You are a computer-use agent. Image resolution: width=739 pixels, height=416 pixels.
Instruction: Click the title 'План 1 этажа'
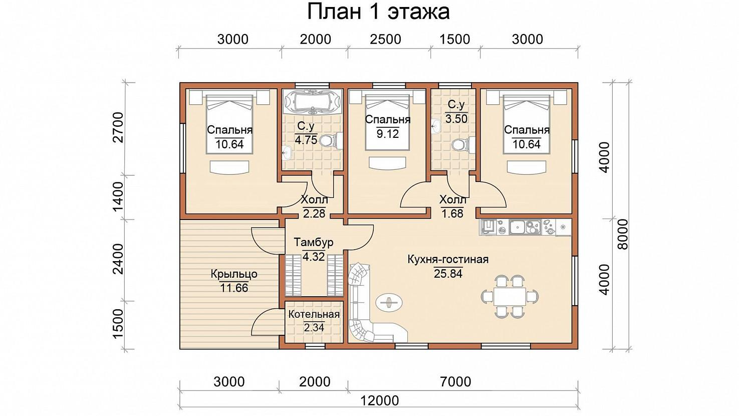click(378, 12)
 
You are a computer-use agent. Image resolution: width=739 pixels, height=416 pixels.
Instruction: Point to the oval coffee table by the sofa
click(389, 302)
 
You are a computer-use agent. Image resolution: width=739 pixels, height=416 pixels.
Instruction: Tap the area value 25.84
click(448, 274)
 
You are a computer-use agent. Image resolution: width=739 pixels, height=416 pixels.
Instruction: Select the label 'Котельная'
click(314, 314)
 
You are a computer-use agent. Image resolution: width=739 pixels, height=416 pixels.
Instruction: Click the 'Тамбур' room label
click(314, 243)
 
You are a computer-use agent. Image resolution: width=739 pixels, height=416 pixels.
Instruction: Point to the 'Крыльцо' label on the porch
click(234, 274)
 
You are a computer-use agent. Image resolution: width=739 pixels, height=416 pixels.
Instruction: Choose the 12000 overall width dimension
click(379, 401)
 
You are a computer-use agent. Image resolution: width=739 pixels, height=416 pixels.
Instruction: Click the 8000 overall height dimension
click(623, 234)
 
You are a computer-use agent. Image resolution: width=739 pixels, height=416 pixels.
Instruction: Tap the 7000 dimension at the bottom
click(455, 382)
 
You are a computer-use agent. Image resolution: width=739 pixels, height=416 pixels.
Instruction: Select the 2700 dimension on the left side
click(118, 127)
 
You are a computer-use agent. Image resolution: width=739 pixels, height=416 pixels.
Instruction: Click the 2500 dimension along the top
click(385, 40)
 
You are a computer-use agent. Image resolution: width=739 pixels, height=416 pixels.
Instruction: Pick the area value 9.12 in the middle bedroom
click(388, 133)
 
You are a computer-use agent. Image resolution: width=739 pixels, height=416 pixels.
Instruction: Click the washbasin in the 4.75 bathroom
click(288, 152)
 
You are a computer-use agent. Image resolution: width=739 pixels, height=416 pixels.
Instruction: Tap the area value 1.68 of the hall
click(452, 214)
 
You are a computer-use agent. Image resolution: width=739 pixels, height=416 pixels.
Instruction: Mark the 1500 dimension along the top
click(455, 40)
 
